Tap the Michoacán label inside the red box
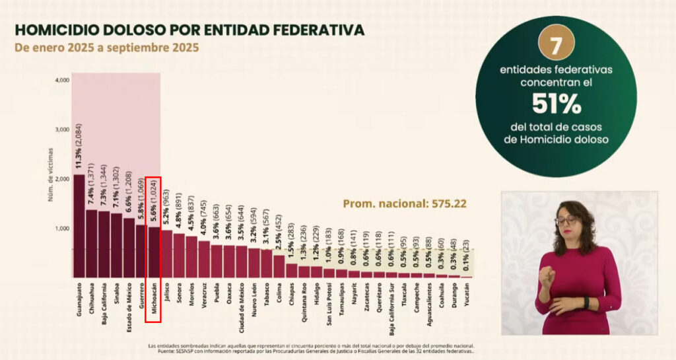[x=153, y=301]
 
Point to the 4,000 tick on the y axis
[x=62, y=81]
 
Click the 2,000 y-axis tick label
[x=62, y=179]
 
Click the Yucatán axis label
[x=467, y=295]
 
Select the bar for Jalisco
[x=166, y=254]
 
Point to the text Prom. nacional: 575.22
[x=404, y=203]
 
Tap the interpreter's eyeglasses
[x=566, y=220]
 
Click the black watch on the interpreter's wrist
[x=586, y=303]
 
